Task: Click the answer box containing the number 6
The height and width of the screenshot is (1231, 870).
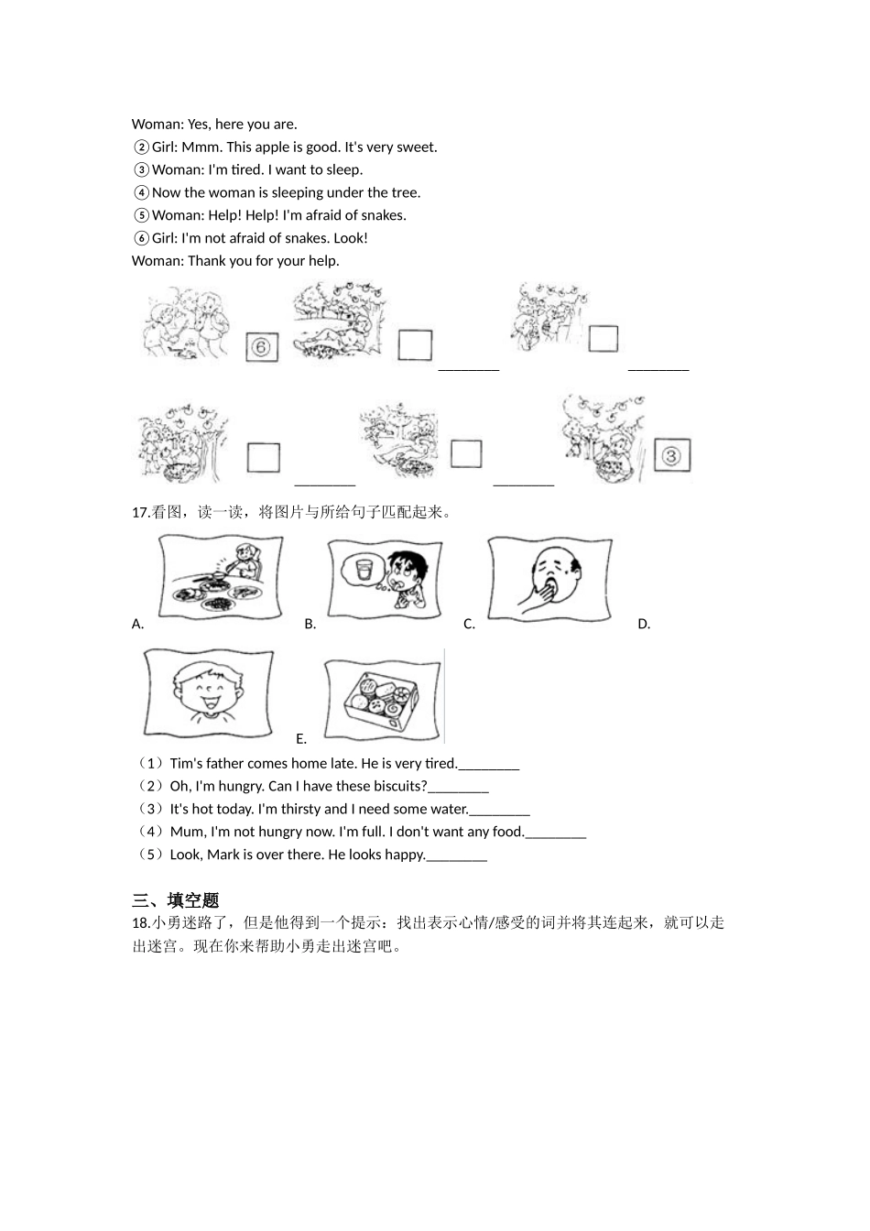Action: pos(262,347)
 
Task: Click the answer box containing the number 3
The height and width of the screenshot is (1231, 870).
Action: pos(671,455)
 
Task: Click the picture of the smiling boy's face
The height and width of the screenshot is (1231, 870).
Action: pos(208,692)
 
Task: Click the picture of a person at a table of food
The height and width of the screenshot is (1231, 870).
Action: pos(221,578)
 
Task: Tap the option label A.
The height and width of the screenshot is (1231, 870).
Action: pos(137,625)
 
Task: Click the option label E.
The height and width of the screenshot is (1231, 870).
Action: pos(300,739)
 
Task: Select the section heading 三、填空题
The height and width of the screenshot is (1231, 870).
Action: pos(175,900)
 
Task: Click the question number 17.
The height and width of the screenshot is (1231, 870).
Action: pos(140,513)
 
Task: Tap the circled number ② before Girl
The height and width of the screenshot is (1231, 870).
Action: pos(141,147)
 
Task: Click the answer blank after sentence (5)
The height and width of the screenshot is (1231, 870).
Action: pos(457,855)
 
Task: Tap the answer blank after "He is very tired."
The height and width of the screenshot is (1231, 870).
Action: pos(489,764)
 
